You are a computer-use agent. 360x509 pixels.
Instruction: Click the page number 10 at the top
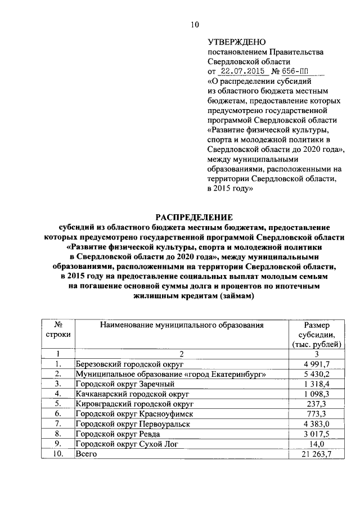(195, 24)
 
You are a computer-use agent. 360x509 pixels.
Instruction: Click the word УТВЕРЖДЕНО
(233, 42)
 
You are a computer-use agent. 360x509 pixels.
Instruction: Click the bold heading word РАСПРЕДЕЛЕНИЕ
(195, 217)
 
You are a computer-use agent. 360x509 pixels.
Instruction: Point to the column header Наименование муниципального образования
(182, 325)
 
